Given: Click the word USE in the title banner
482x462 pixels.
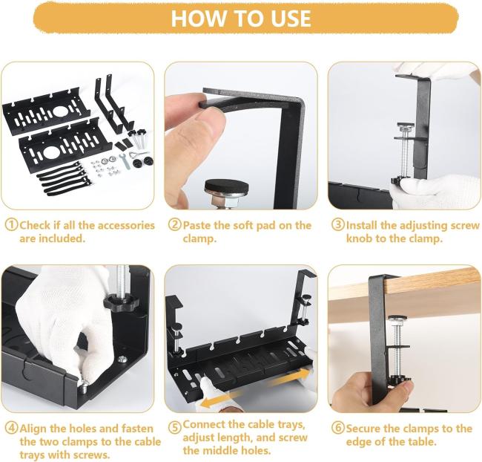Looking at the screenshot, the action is point(291,18).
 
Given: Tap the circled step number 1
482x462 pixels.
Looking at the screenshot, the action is point(12,225).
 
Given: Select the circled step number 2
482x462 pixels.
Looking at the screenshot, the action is point(175,225).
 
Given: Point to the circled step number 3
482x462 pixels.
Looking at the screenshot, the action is point(338,225).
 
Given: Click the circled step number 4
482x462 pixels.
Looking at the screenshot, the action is point(12,428).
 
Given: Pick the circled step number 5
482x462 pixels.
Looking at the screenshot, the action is point(175,427).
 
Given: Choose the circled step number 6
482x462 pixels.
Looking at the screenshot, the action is point(338,428).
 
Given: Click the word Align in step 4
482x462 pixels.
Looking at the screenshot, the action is point(33,429).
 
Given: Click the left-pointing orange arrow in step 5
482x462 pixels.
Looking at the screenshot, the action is point(217,400).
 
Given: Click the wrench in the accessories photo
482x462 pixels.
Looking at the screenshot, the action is point(126,161).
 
